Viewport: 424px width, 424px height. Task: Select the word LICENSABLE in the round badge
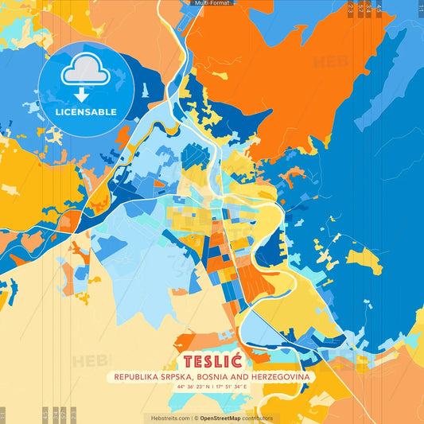point(86,112)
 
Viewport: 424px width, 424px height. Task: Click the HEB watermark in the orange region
point(329,62)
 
